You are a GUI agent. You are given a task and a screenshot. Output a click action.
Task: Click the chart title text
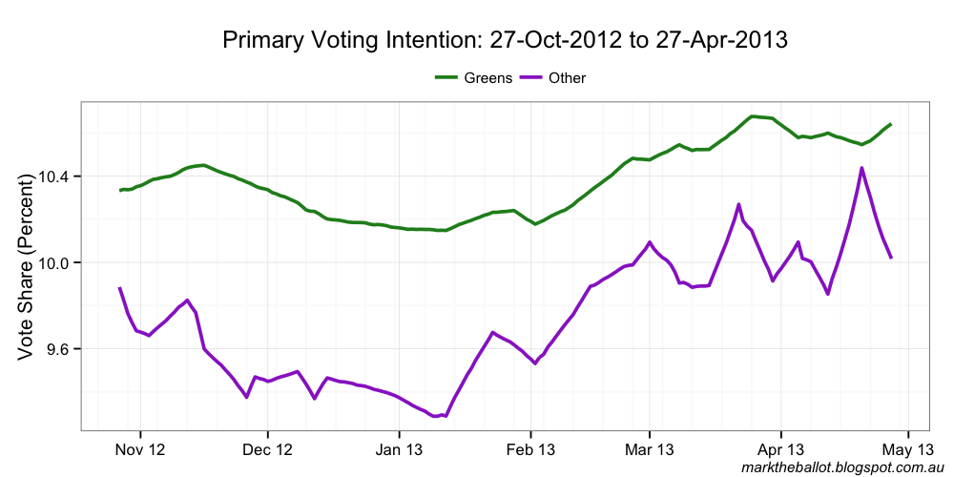point(505,40)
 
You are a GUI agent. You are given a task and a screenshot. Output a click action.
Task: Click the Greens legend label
point(488,77)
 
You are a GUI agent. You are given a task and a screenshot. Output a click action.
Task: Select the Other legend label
point(568,77)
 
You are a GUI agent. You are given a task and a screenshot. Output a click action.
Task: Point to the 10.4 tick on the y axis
point(56,176)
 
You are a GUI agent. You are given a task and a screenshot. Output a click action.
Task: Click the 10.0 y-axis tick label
point(56,263)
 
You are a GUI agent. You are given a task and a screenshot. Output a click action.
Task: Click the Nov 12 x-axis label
point(140,449)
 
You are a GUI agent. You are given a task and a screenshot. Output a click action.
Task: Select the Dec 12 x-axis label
point(268,449)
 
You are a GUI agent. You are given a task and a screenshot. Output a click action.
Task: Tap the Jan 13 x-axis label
point(399,449)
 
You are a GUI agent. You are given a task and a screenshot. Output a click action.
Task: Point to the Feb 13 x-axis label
point(530,449)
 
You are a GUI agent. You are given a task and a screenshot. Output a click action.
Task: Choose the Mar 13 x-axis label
point(649,449)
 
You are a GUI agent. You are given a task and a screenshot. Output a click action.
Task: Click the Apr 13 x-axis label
point(780,449)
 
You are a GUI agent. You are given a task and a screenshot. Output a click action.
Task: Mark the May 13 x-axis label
point(907,449)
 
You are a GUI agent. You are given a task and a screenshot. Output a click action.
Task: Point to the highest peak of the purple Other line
point(861,168)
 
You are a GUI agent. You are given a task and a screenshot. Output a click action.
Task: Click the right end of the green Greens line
point(890,124)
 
